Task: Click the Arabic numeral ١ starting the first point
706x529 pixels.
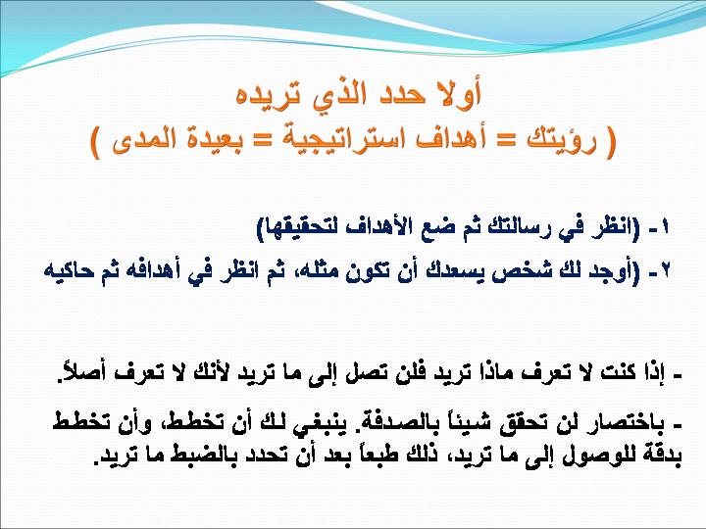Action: (666, 227)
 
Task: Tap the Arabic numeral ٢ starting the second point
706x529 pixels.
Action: (665, 271)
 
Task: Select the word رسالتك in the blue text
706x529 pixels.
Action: (513, 228)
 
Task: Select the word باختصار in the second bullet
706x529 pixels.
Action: (631, 424)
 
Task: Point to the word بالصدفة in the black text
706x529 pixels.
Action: (395, 423)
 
